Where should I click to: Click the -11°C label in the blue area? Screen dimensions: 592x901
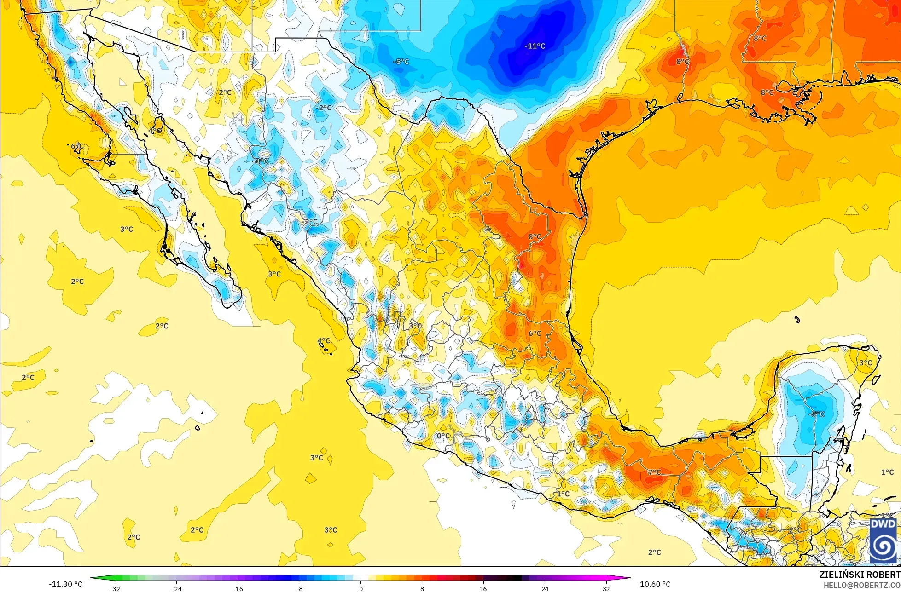click(x=535, y=46)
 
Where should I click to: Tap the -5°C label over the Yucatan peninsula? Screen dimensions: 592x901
click(x=817, y=414)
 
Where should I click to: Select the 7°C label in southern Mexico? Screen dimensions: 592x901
click(x=654, y=472)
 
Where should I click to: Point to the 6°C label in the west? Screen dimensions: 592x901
click(x=77, y=146)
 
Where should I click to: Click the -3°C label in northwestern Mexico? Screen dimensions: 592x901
click(x=261, y=161)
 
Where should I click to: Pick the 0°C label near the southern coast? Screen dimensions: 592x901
click(x=443, y=436)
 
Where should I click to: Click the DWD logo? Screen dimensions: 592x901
click(x=883, y=541)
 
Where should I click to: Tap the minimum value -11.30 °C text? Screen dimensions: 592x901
click(x=66, y=584)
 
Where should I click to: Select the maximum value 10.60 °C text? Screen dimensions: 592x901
click(x=655, y=584)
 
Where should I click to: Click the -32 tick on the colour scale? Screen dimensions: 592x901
click(x=115, y=589)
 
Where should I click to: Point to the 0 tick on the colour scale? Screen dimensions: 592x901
click(x=360, y=589)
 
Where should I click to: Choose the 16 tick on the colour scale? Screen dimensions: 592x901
click(x=483, y=589)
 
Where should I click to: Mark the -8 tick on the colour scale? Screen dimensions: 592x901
click(x=299, y=589)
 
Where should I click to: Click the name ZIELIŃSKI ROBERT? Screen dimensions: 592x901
click(x=860, y=575)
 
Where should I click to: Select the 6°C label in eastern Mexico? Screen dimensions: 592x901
click(x=535, y=333)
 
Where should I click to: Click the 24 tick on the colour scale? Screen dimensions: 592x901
click(x=545, y=589)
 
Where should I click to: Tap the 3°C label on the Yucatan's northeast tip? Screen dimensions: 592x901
click(x=866, y=362)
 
